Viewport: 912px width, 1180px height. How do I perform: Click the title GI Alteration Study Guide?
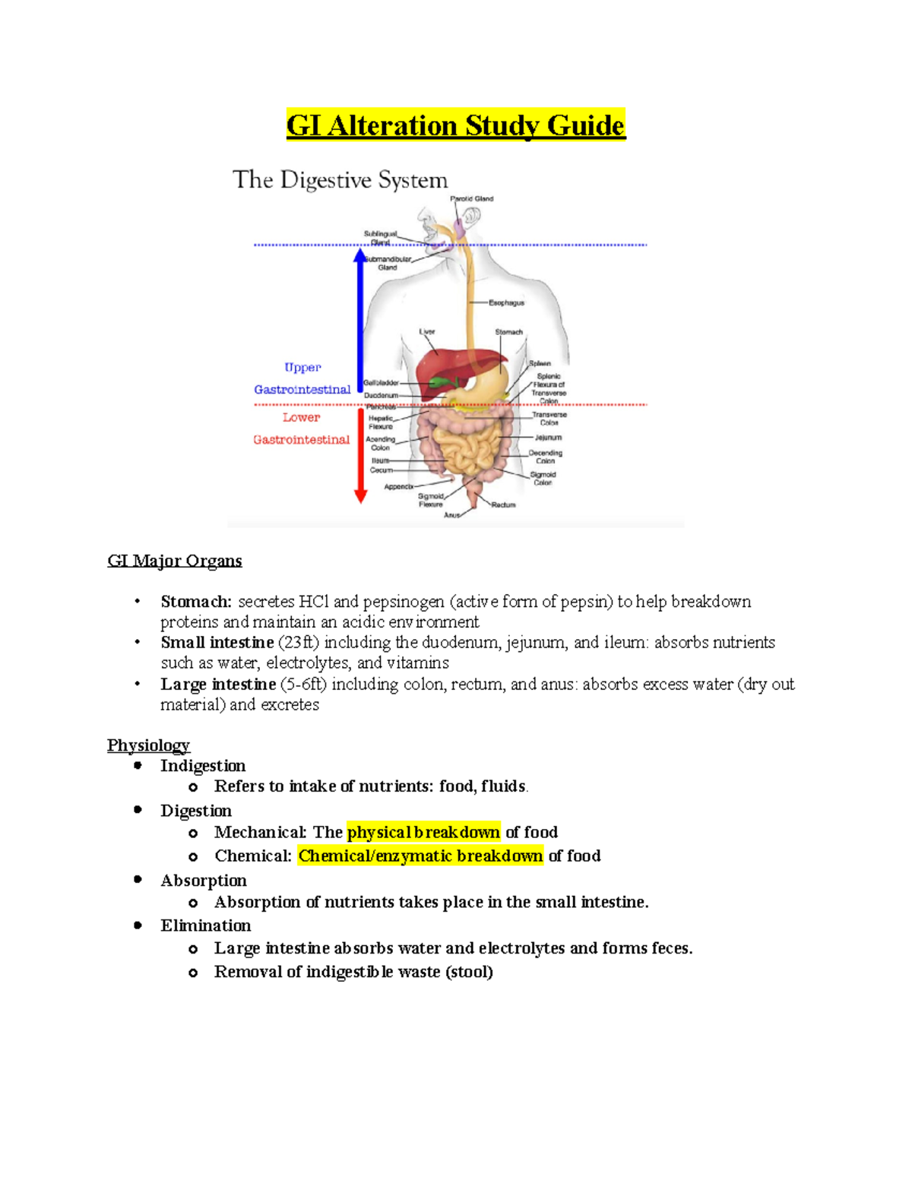click(455, 125)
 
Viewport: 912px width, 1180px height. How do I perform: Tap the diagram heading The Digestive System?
click(340, 180)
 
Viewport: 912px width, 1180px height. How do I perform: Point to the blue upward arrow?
click(360, 319)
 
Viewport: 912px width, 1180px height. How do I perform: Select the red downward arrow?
click(361, 456)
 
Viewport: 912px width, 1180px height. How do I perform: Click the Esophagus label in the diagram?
click(506, 302)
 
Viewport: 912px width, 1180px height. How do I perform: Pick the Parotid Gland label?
click(472, 199)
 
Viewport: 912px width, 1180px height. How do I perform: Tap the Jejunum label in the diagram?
click(548, 438)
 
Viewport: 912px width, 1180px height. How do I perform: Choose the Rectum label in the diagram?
click(503, 505)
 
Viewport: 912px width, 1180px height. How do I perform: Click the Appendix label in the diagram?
click(398, 486)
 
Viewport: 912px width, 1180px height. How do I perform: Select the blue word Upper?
click(302, 368)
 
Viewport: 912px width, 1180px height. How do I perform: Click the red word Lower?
click(302, 417)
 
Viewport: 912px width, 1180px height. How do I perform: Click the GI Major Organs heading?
click(175, 561)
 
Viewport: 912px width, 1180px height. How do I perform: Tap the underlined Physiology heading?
click(148, 745)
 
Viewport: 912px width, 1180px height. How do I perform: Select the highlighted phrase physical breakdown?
click(423, 832)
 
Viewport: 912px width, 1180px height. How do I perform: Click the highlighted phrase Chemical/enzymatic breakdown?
click(420, 856)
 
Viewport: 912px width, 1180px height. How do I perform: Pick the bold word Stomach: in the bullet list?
click(196, 602)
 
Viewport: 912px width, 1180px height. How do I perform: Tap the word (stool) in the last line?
click(469, 972)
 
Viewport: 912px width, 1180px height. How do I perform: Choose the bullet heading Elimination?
click(205, 925)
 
